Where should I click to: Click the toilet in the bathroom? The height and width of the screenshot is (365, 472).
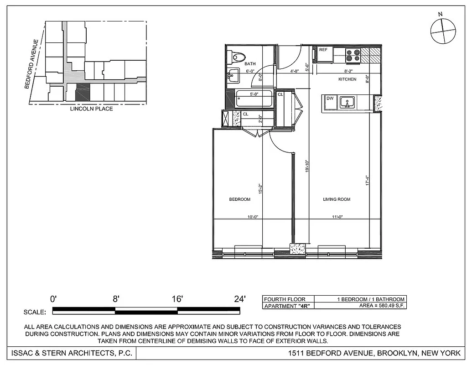point(237,57)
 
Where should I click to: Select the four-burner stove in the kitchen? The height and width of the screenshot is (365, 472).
point(353,55)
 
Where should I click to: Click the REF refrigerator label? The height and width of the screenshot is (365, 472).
point(323,49)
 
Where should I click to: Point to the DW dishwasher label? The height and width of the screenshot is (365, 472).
point(329,98)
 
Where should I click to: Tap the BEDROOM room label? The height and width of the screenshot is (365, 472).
point(239,199)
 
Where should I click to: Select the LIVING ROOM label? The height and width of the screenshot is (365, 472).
point(337,199)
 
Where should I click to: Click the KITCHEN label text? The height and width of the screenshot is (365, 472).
point(347,79)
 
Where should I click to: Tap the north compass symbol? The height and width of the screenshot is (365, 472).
point(443,31)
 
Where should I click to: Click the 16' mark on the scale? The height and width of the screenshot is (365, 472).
point(177,299)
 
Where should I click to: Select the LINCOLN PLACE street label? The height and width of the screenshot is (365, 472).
point(91,109)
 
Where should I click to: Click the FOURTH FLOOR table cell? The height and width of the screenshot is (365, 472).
point(285,299)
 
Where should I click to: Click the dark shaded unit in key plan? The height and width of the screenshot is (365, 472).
point(83,92)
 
